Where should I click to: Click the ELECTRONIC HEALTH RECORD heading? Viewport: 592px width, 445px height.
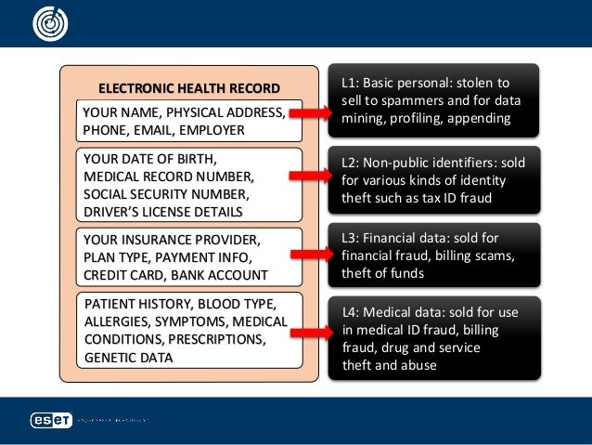pyautogui.click(x=188, y=88)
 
